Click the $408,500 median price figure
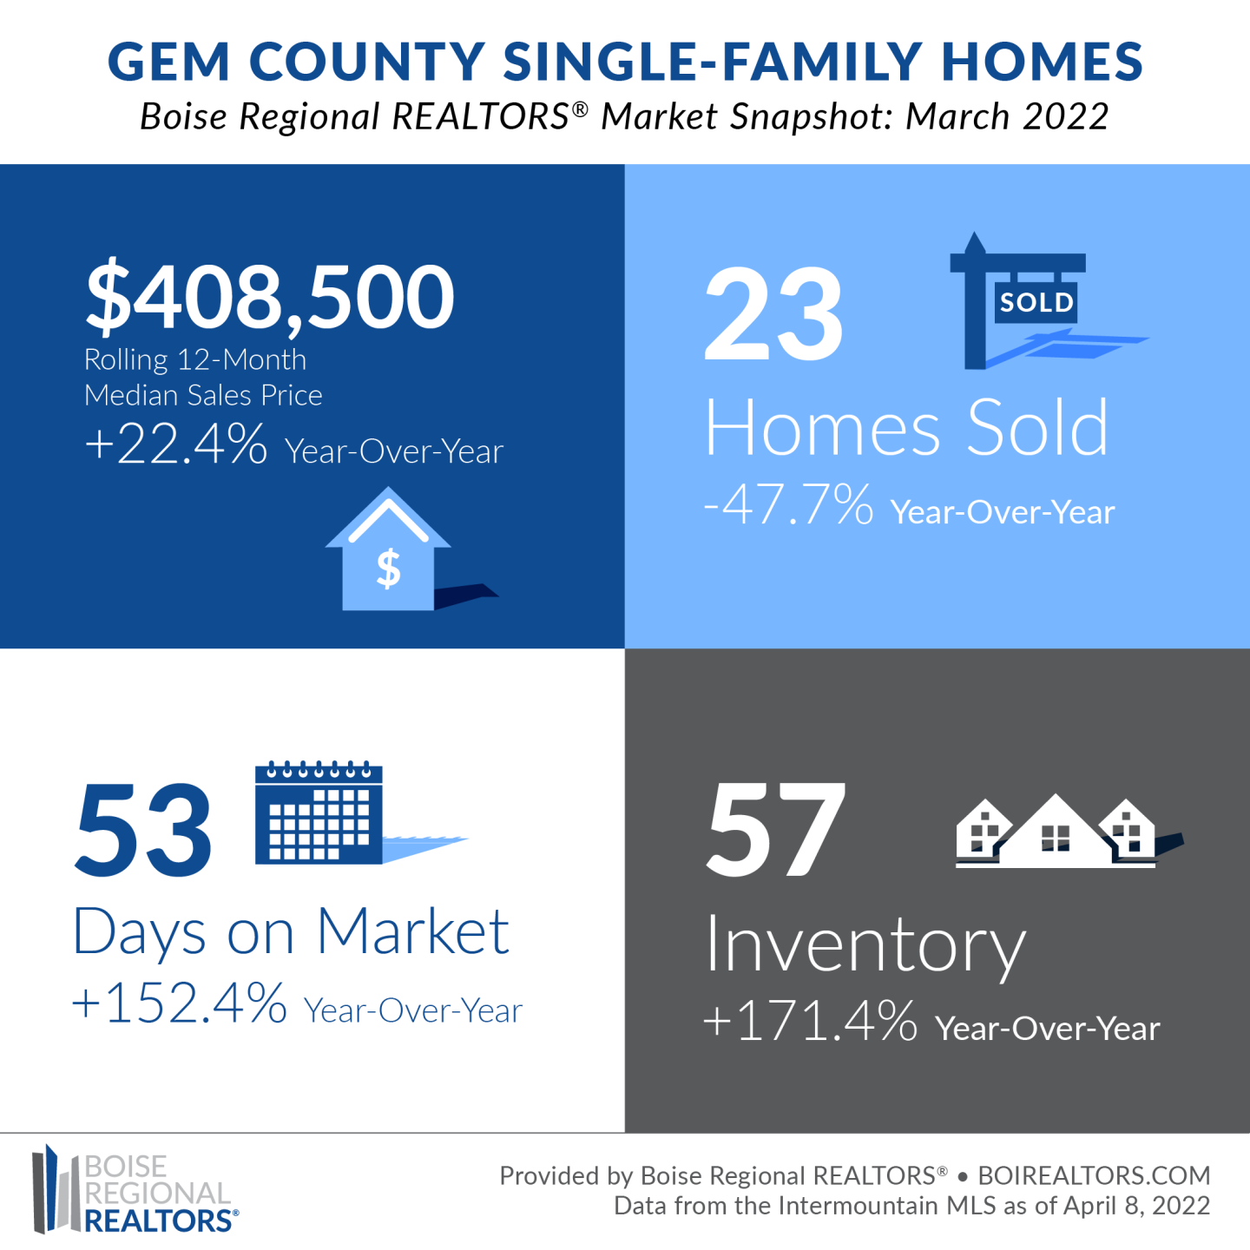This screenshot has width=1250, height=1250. click(x=270, y=297)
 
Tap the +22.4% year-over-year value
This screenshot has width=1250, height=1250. click(x=176, y=444)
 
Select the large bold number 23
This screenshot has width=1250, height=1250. click(x=773, y=313)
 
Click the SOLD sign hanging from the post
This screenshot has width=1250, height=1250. click(x=1036, y=302)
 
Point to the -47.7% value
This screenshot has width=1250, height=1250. click(x=788, y=503)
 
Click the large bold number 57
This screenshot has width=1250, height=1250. click(x=775, y=828)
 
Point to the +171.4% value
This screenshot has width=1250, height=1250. click(x=810, y=1020)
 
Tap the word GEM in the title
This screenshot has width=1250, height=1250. click(x=168, y=62)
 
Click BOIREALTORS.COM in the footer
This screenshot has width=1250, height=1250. click(x=1095, y=1175)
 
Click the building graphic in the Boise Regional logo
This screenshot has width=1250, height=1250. click(x=56, y=1188)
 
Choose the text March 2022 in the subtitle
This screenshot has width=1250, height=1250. click(x=1007, y=117)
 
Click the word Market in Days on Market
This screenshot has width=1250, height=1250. click(x=413, y=931)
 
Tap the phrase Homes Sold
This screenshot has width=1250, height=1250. click(x=906, y=428)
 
